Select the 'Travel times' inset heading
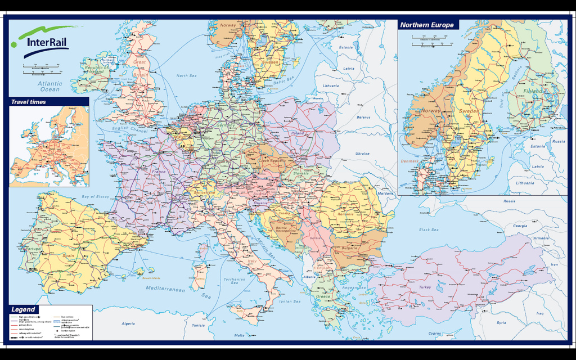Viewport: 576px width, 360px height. [x=29, y=102]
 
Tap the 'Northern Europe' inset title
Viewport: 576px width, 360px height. [x=426, y=25]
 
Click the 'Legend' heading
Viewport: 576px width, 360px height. [x=24, y=309]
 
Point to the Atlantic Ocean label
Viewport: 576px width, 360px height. [x=49, y=86]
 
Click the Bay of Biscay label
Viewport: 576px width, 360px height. [x=96, y=196]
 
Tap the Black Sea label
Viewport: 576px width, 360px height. [x=428, y=230]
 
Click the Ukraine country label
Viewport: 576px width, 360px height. [x=362, y=154]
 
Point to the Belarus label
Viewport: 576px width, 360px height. [x=364, y=117]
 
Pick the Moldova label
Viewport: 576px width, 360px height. [x=386, y=193]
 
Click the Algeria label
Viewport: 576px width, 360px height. [x=129, y=323]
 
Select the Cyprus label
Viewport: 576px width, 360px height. [x=435, y=333]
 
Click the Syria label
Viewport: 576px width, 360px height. [x=501, y=323]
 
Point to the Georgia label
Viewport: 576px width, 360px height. [x=520, y=226]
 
